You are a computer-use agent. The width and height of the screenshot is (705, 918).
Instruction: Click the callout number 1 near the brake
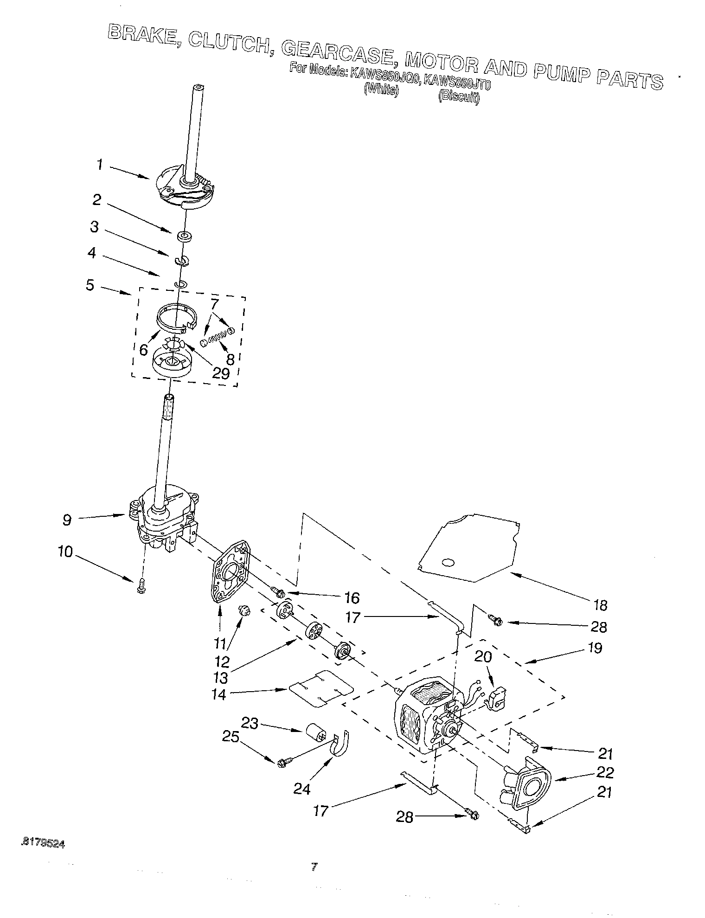99,165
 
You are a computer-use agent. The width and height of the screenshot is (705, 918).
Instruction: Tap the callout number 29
220,373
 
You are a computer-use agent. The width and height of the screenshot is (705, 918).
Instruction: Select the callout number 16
352,598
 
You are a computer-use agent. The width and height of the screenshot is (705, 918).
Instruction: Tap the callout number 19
595,647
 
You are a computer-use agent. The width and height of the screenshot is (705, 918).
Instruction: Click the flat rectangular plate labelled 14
320,688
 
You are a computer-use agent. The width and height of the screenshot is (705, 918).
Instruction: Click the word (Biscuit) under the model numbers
459,97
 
